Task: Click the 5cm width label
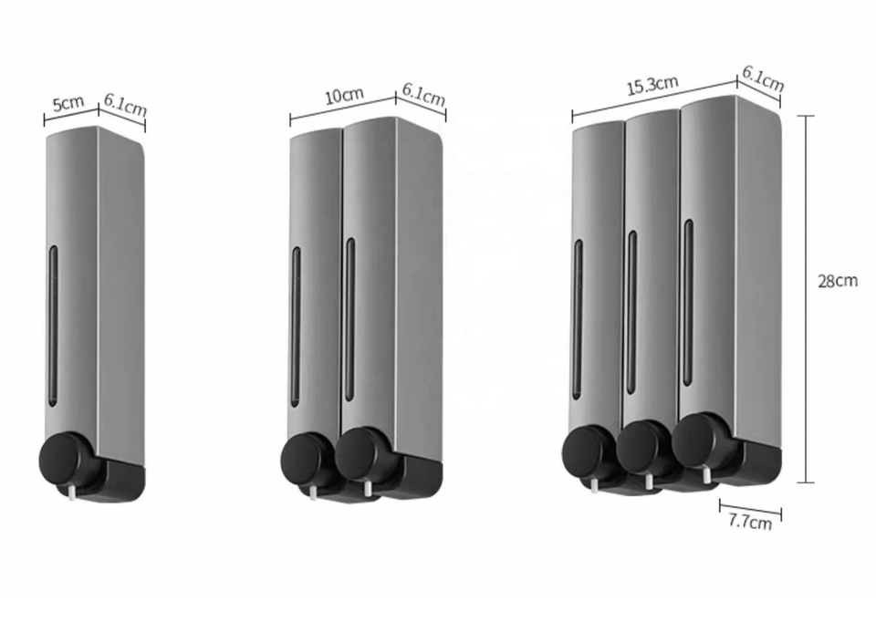click(x=68, y=103)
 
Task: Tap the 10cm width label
click(x=344, y=95)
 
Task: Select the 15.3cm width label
click(x=652, y=86)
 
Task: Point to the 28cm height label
click(x=838, y=281)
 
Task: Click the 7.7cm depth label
click(x=750, y=522)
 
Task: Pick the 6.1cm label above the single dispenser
click(x=125, y=105)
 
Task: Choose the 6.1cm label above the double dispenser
click(x=423, y=96)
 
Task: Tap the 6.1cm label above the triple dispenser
click(x=763, y=78)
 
